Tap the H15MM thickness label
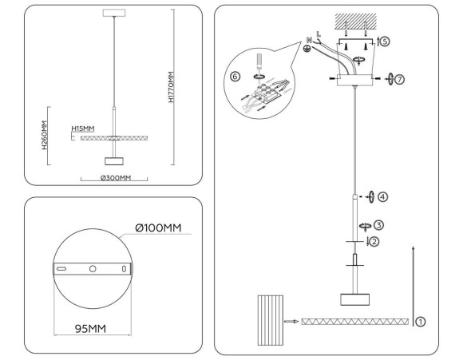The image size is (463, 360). (x=82, y=128)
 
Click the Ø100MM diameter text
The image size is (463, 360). (x=159, y=228)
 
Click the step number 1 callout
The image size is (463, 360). (x=420, y=321)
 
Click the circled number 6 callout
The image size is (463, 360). (x=234, y=77)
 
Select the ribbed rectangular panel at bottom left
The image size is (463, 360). (x=271, y=321)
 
